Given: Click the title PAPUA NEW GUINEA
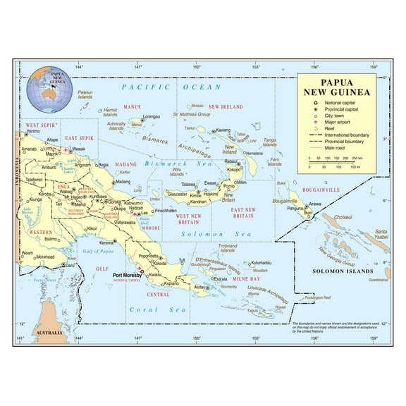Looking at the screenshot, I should pyautogui.click(x=336, y=86).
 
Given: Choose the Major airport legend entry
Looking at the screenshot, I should pyautogui.click(x=338, y=123).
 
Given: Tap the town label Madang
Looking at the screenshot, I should pyautogui.click(x=123, y=181).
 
